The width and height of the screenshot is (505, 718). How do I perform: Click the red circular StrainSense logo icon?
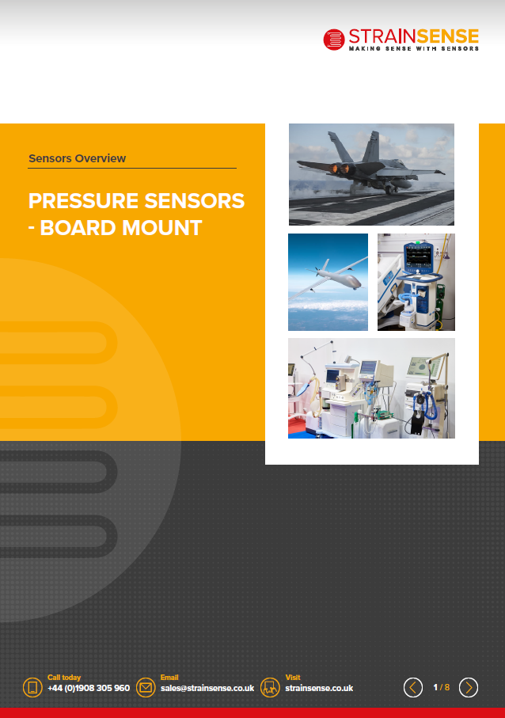[334, 40]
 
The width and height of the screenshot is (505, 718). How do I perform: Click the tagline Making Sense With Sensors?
[414, 48]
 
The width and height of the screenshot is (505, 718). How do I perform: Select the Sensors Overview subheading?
[77, 158]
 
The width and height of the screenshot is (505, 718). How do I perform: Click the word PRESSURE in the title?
[83, 200]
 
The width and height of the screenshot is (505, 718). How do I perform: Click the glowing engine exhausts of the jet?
[341, 169]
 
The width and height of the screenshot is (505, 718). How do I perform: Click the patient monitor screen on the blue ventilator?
[419, 256]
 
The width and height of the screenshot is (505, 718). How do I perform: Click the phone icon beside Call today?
[32, 687]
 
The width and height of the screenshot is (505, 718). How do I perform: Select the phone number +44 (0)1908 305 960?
[89, 688]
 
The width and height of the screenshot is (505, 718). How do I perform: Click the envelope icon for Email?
[146, 687]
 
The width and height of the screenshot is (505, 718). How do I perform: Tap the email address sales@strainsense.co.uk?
[207, 688]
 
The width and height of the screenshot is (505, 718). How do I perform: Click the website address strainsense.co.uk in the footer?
[319, 688]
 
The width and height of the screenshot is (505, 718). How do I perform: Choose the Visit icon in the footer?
[270, 687]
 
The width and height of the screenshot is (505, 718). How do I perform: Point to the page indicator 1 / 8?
[442, 687]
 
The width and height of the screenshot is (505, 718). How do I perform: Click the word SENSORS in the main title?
[195, 200]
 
